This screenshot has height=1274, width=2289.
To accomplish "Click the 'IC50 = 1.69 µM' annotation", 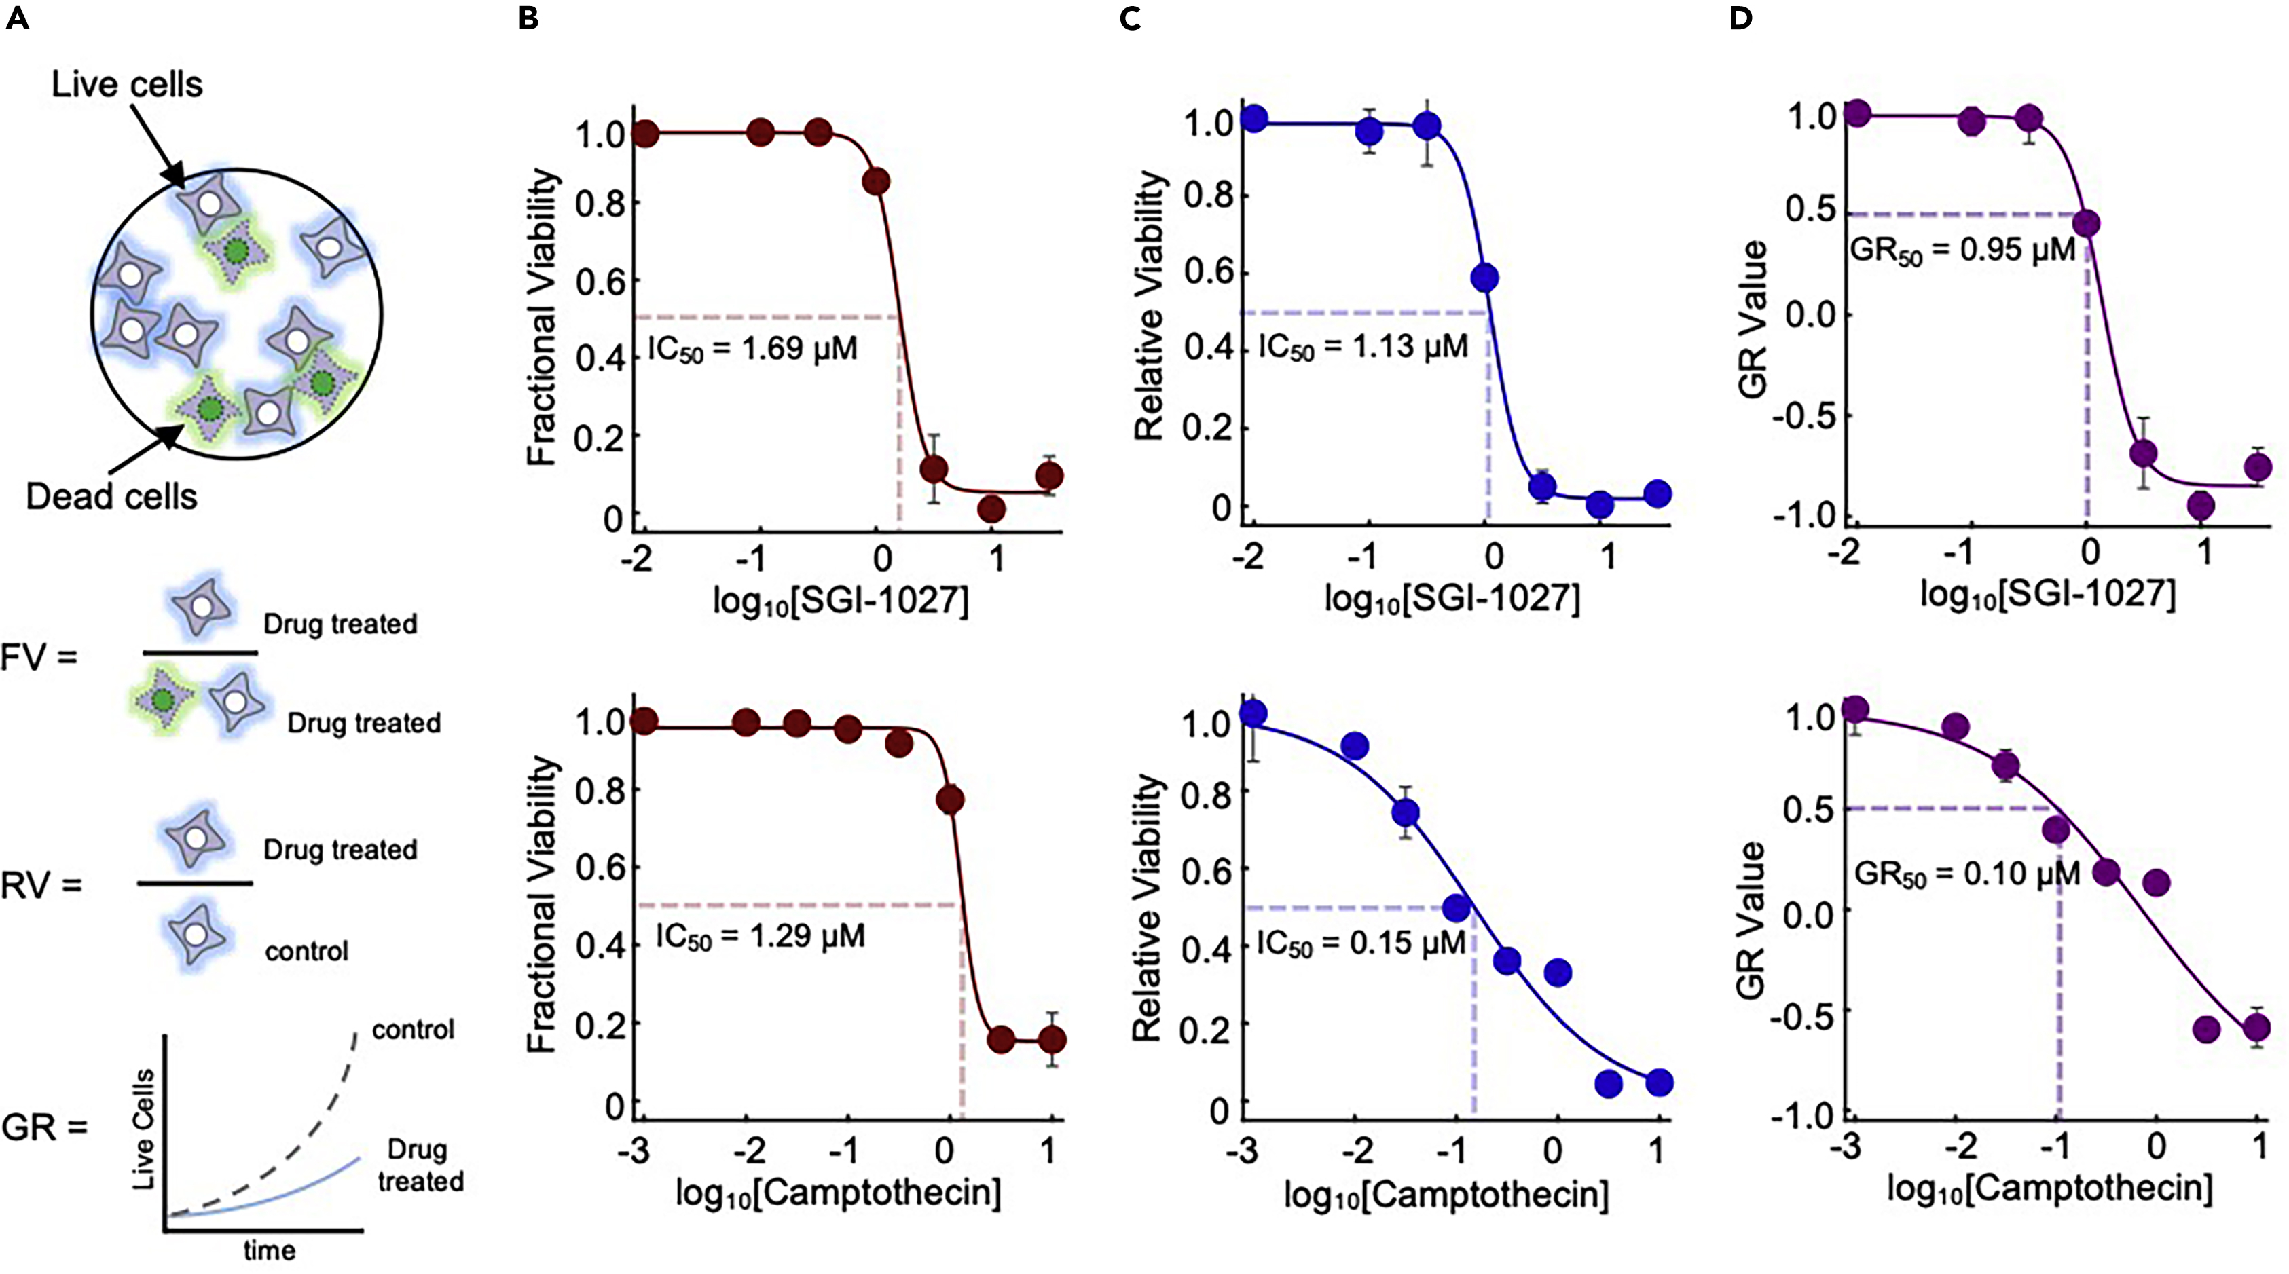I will click(x=752, y=348).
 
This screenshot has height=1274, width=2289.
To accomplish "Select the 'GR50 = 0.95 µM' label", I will click(x=1961, y=251).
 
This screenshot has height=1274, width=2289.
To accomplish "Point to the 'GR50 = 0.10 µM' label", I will click(x=1966, y=874).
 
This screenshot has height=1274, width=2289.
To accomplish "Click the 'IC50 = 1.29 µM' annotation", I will click(x=760, y=937).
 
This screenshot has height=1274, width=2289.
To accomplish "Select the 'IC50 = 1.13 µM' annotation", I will click(x=1362, y=346).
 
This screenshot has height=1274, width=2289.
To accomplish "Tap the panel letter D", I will click(x=1740, y=18).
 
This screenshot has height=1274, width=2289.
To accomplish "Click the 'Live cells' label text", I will click(x=127, y=84).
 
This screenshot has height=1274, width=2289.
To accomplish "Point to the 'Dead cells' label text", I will click(x=111, y=495).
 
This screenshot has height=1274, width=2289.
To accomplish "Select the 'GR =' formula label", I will click(x=44, y=1128).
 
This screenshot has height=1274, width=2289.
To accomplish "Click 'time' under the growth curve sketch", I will click(x=270, y=1251).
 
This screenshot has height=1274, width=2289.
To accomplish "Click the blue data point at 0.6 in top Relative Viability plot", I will click(x=1484, y=278).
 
